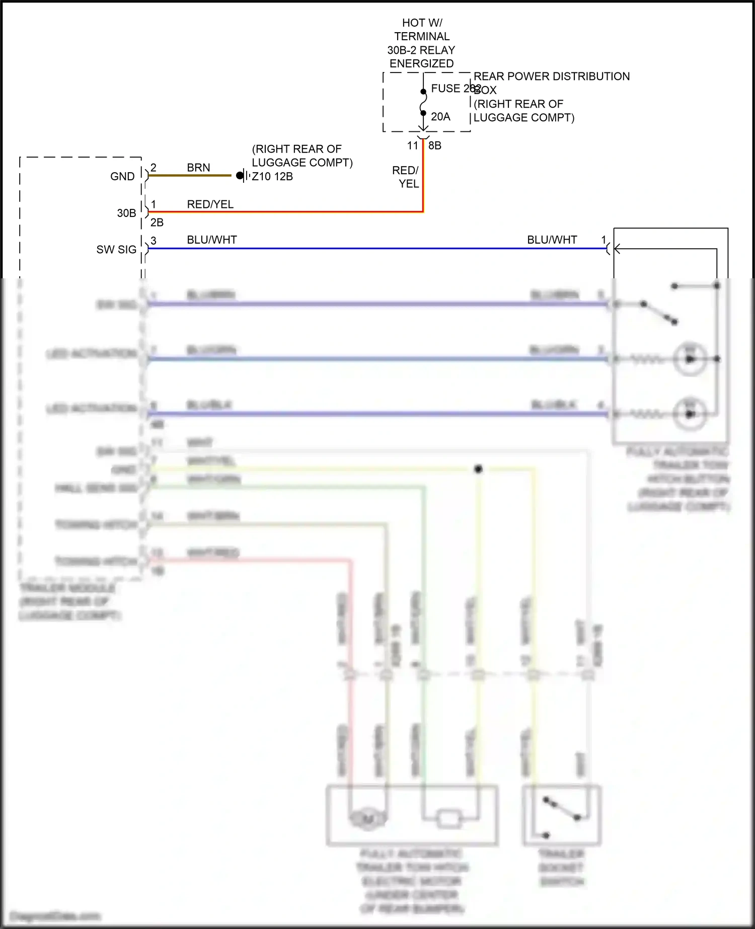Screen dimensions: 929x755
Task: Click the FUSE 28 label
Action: pos(452,89)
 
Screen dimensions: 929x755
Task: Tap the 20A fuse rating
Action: pos(440,117)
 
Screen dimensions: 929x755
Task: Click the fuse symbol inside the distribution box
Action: pos(423,103)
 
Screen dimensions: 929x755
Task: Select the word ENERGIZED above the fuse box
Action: pos(422,64)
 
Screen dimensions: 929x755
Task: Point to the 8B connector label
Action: pos(435,146)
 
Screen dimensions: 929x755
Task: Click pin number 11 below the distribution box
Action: pos(413,146)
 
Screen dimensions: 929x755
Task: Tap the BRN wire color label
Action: pos(198,168)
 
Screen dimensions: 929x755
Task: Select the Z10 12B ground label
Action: pos(272,177)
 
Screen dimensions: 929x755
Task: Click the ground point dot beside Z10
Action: pos(240,176)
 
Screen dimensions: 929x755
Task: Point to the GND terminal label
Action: pos(122,177)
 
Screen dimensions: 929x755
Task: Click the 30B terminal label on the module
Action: pos(126,213)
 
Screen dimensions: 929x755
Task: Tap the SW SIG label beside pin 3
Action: pos(116,250)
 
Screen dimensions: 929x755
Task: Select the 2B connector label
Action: pos(157,222)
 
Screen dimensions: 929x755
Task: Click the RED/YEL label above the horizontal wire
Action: pos(210,204)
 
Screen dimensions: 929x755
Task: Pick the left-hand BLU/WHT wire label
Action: pos(212,240)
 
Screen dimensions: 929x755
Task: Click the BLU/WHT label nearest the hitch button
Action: pos(552,240)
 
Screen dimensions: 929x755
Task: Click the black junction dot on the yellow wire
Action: pos(478,469)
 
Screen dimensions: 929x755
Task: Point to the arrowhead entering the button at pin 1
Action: pos(617,249)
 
